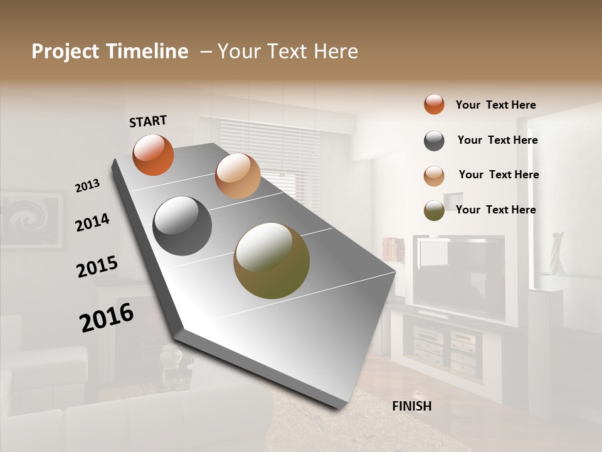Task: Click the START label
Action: tap(148, 121)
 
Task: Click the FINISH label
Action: tap(412, 406)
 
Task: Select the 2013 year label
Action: tap(87, 185)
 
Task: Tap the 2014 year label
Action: tap(92, 222)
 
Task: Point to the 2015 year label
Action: tap(97, 267)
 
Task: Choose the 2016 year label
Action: tap(107, 318)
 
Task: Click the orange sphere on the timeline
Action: tap(153, 154)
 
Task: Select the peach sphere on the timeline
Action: tap(238, 176)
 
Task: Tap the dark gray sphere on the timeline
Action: tap(182, 226)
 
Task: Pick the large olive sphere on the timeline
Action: tap(272, 261)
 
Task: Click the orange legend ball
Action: tap(434, 104)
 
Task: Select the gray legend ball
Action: tap(434, 141)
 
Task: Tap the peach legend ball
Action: tap(434, 176)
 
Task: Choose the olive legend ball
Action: tap(434, 210)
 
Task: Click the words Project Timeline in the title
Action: tap(110, 51)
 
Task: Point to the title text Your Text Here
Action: tap(288, 51)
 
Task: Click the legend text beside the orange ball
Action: tap(495, 105)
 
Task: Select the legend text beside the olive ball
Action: tap(495, 210)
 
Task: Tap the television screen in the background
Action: tap(462, 276)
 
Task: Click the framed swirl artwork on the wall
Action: tap(31, 220)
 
